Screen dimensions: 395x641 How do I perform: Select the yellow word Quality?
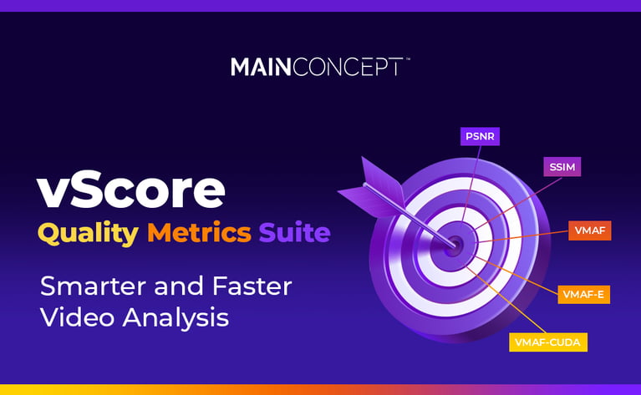point(88,232)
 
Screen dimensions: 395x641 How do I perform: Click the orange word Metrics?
point(199,232)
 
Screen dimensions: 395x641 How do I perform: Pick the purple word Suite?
point(294,232)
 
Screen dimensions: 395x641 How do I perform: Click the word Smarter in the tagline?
point(91,286)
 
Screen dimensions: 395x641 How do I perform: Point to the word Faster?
point(250,286)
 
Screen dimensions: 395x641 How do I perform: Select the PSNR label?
point(480,136)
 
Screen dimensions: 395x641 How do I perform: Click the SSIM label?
point(562,167)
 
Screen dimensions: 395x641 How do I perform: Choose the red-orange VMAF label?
point(590,230)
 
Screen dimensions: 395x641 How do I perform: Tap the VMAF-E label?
point(584,294)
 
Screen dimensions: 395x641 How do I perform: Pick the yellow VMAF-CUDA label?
point(548,342)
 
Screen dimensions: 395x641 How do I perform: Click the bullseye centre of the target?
point(455,244)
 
